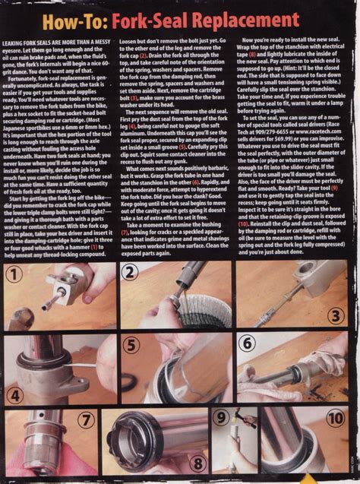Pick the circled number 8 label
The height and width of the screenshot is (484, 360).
196,461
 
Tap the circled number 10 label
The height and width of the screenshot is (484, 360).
335,417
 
